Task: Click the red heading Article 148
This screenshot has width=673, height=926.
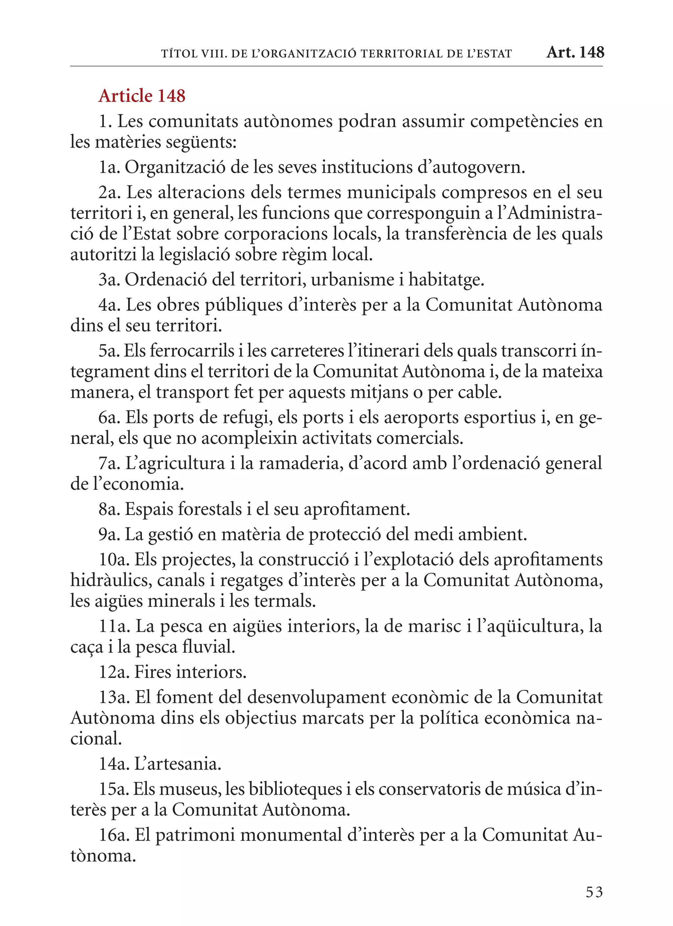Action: pyautogui.click(x=142, y=96)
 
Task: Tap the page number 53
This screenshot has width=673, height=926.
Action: pyautogui.click(x=594, y=892)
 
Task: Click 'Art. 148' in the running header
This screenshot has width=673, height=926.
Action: pyautogui.click(x=575, y=52)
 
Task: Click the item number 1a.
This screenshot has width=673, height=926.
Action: pyautogui.click(x=109, y=168)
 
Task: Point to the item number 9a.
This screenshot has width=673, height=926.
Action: pyautogui.click(x=109, y=534)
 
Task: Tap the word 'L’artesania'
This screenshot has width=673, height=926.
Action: pyautogui.click(x=177, y=764)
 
